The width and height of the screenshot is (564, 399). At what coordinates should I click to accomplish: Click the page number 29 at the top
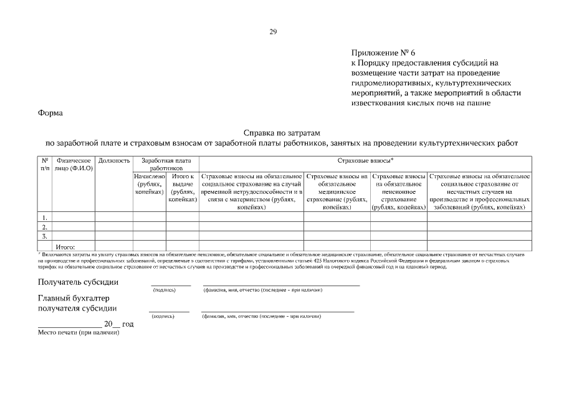[273, 32]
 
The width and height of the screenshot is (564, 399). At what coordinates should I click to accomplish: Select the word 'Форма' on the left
[50, 113]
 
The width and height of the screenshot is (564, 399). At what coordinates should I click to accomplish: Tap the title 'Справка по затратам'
[281, 133]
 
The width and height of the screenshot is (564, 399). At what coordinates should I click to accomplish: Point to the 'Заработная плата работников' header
[166, 165]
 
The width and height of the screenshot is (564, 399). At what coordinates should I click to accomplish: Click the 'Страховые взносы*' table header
[365, 161]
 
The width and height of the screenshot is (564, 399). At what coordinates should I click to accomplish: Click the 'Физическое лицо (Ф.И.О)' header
[74, 165]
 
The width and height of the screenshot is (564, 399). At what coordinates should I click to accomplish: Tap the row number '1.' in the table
[45, 217]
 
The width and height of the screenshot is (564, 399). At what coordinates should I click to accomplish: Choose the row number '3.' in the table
[45, 236]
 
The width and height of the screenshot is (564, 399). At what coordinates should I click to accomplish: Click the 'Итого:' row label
[65, 247]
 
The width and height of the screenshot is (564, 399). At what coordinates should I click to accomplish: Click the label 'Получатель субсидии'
[78, 282]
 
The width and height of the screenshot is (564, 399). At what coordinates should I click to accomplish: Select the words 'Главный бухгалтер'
[74, 298]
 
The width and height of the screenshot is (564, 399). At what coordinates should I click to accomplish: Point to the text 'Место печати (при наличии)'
[79, 333]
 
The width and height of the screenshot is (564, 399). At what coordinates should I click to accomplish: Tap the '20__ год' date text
[118, 324]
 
